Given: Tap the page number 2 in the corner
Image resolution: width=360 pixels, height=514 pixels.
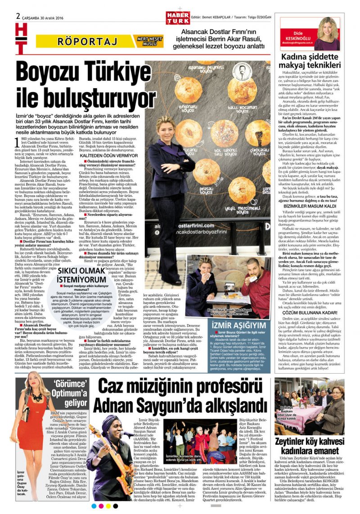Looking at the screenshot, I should pyautogui.click(x=18, y=15).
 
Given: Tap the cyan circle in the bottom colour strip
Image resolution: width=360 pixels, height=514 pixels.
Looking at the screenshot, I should pyautogui.click(x=94, y=506).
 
